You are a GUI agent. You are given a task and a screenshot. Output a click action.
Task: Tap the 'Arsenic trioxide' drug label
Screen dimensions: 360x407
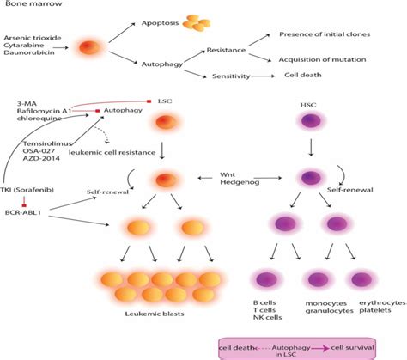click(33, 39)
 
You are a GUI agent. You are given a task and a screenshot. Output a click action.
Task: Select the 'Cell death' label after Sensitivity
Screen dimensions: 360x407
click(305, 76)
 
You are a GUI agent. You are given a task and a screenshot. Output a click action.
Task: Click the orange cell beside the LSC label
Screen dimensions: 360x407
click(167, 121)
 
